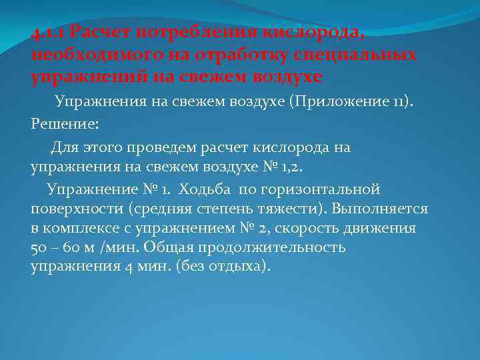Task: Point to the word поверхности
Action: click(71, 209)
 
